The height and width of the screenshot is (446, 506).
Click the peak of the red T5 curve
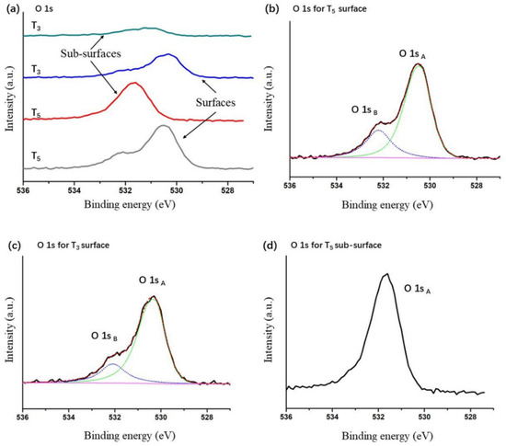135,84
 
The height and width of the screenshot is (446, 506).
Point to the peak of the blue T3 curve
167,55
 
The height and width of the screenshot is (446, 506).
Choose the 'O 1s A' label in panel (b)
414,53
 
